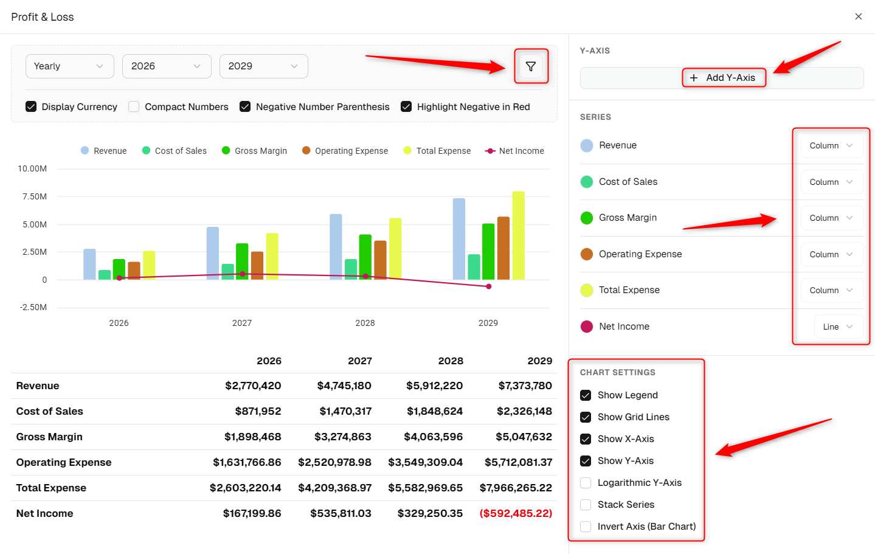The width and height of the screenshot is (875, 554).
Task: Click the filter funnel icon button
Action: (x=530, y=66)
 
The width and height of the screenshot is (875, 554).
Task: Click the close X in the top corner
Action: (x=858, y=16)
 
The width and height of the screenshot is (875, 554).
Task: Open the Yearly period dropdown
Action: (x=69, y=66)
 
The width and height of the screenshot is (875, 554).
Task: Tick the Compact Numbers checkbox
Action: (x=134, y=106)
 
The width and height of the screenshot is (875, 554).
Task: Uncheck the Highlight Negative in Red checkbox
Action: (x=406, y=106)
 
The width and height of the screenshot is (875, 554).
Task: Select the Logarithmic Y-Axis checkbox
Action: (x=586, y=482)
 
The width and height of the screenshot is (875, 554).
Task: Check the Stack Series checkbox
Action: (x=586, y=504)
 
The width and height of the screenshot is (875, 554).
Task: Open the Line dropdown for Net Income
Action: (x=839, y=327)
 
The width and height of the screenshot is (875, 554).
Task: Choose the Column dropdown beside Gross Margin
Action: (x=832, y=218)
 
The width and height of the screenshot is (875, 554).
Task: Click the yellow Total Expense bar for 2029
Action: (x=518, y=235)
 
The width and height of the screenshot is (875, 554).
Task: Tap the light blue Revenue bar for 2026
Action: (x=89, y=265)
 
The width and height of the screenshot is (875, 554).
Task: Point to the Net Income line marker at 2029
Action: (x=489, y=286)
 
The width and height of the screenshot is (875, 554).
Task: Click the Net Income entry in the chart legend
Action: (x=514, y=151)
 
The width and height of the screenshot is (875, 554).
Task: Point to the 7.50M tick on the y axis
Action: (x=35, y=196)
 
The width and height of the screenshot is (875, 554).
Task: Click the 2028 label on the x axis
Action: (x=365, y=323)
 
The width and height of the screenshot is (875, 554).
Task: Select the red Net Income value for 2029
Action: (x=516, y=513)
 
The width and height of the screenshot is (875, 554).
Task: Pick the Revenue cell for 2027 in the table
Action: (x=344, y=386)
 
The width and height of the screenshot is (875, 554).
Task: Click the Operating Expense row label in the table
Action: (x=64, y=462)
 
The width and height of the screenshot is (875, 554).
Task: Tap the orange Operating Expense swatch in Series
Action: (x=587, y=254)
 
